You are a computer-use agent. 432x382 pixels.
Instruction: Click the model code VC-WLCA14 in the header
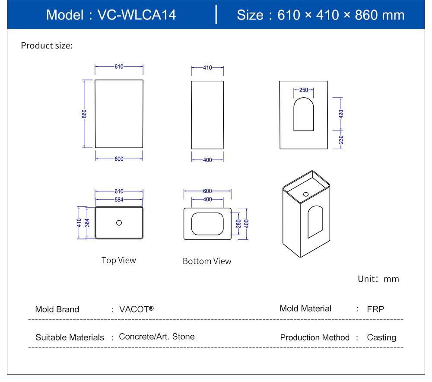pyautogui.click(x=137, y=15)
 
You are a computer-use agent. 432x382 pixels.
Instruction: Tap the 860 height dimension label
pyautogui.click(x=85, y=114)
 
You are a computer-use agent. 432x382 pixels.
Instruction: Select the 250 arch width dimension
pyautogui.click(x=304, y=90)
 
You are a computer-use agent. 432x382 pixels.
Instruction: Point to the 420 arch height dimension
pyautogui.click(x=341, y=114)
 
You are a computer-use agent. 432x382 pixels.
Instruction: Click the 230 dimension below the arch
pyautogui.click(x=341, y=140)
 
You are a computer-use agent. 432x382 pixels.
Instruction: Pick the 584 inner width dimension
pyautogui.click(x=119, y=200)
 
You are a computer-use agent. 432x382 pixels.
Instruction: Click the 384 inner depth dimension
pyautogui.click(x=87, y=223)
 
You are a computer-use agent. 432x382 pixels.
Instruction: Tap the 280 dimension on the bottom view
pyautogui.click(x=238, y=223)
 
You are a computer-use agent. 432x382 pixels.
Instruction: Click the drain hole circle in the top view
pyautogui.click(x=119, y=223)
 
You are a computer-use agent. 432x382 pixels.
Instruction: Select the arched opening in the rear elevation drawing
pyautogui.click(x=304, y=115)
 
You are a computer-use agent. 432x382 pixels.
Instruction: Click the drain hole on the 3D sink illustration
pyautogui.click(x=306, y=194)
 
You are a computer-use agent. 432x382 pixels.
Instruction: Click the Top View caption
pyautogui.click(x=119, y=260)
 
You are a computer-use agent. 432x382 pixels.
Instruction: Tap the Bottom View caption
pyautogui.click(x=207, y=261)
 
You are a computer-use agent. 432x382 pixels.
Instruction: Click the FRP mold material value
pyautogui.click(x=375, y=309)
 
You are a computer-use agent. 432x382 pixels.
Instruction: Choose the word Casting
pyautogui.click(x=381, y=337)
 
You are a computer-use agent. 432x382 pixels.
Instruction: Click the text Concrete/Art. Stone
pyautogui.click(x=157, y=337)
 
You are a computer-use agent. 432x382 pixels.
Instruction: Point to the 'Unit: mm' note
pyautogui.click(x=378, y=279)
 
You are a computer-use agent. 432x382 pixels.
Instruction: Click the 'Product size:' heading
pyautogui.click(x=47, y=45)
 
